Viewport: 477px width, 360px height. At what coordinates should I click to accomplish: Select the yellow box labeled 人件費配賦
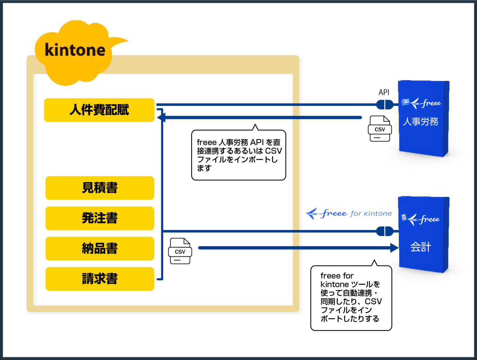click(99, 110)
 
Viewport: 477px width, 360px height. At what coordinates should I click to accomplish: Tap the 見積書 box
click(100, 188)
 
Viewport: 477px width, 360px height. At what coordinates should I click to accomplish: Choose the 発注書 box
click(100, 218)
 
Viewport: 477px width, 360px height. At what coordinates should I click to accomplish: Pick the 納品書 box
click(100, 249)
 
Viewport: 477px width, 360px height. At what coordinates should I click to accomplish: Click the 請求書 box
click(100, 279)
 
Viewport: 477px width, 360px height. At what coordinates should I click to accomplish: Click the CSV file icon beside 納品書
click(180, 251)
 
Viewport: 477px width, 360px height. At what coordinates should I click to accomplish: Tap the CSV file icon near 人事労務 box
click(380, 129)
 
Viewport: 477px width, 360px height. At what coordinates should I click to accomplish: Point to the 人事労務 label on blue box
click(420, 122)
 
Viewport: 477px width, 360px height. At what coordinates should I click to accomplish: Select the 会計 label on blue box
click(420, 247)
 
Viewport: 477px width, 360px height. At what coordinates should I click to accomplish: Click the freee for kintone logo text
click(349, 213)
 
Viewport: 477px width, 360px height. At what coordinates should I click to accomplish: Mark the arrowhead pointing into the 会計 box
click(394, 248)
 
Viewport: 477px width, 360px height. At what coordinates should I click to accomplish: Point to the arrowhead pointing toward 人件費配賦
click(161, 117)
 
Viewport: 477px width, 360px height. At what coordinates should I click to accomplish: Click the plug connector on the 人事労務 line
click(385, 104)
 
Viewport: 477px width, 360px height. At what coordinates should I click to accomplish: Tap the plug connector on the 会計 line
click(385, 231)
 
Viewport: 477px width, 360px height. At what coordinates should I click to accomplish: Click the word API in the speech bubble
click(256, 142)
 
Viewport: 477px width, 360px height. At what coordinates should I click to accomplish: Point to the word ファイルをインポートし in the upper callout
click(237, 160)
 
